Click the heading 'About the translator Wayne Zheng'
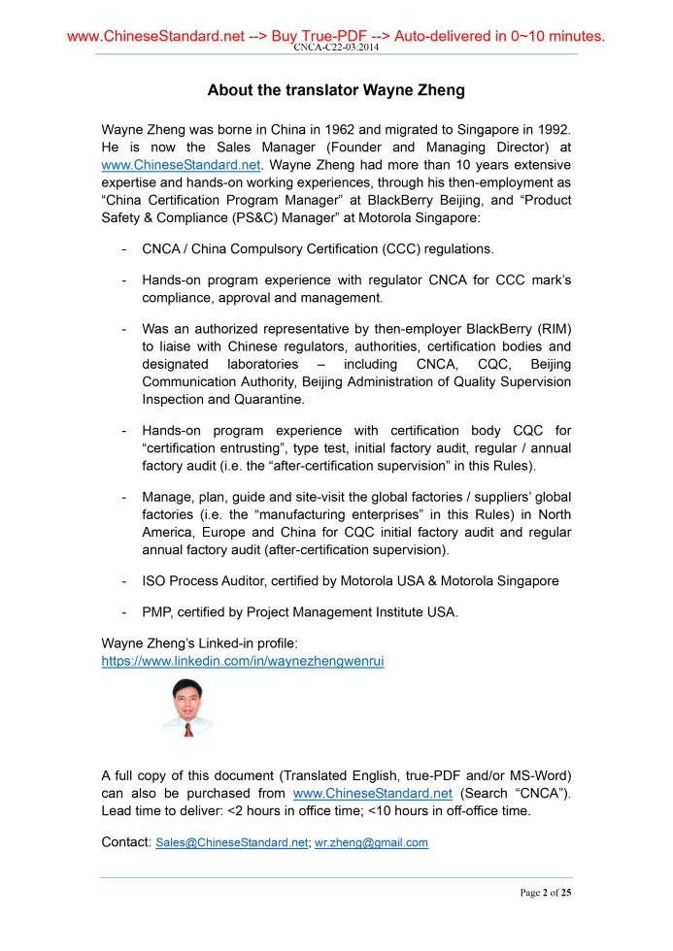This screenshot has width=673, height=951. click(x=336, y=90)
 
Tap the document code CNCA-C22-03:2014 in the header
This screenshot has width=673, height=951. click(x=336, y=47)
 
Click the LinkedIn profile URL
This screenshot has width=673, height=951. click(x=243, y=661)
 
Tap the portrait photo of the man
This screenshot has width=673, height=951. click(x=186, y=708)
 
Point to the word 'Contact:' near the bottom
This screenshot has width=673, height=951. click(x=125, y=841)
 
